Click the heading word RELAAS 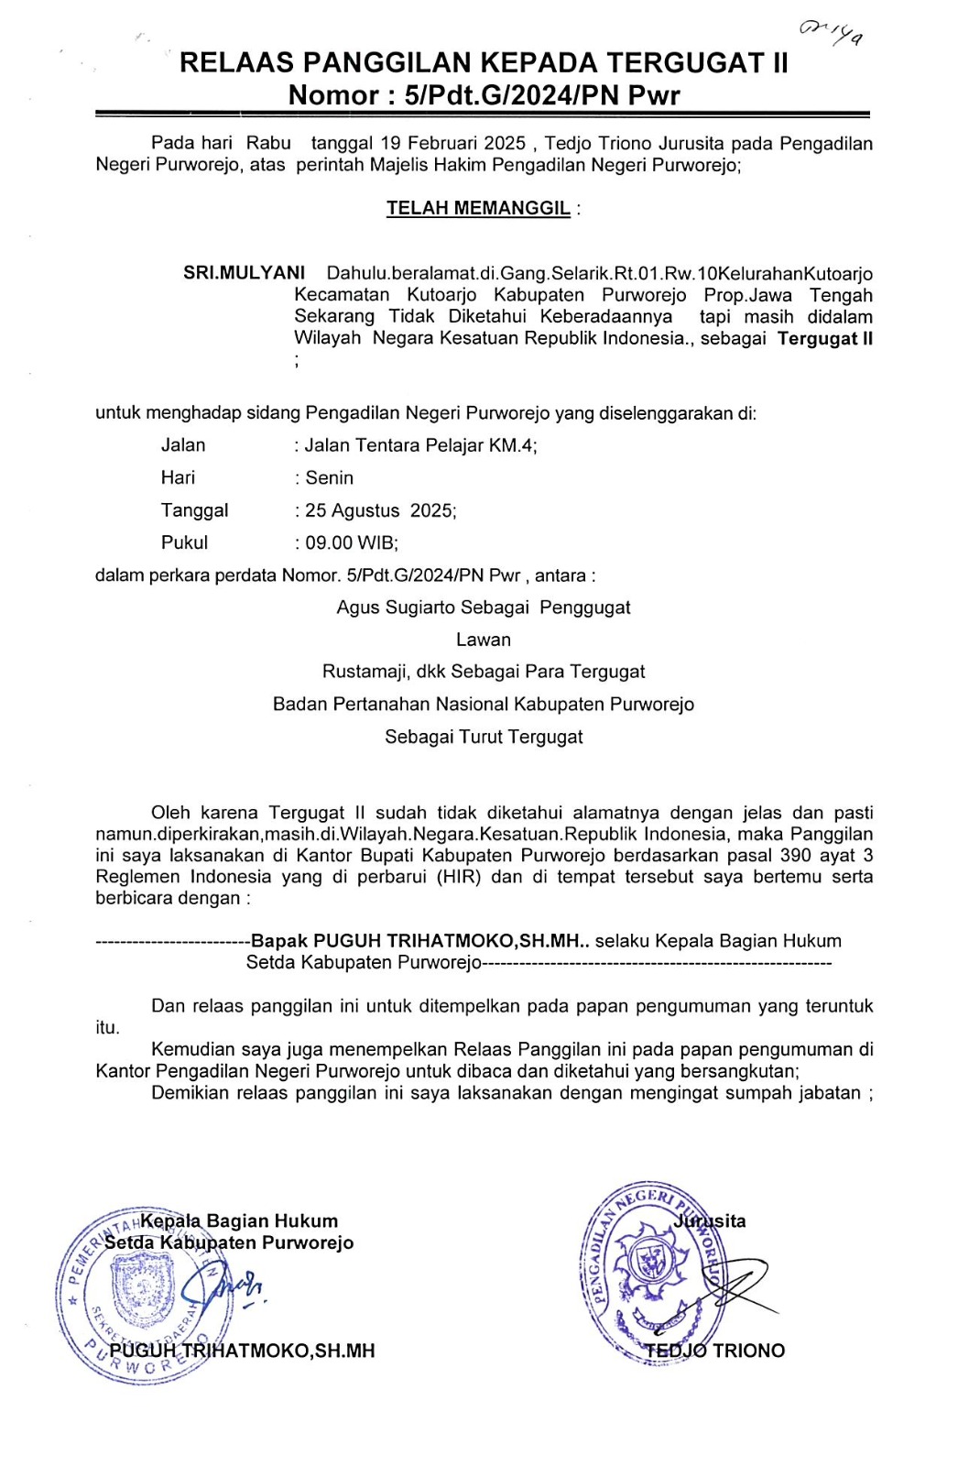235,62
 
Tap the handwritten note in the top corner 831,33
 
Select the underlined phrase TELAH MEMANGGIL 478,208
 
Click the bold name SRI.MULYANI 244,273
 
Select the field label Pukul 184,542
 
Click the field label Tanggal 194,510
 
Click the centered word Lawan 484,640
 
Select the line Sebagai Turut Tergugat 484,737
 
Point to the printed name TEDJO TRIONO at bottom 714,1351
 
